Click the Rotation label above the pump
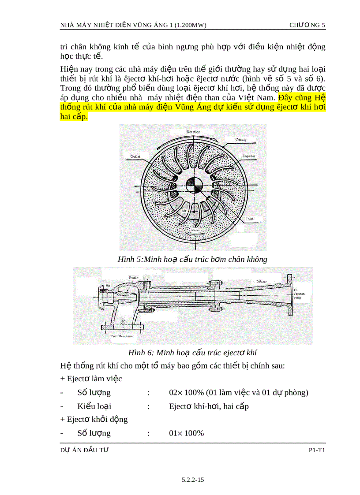click(x=193, y=132)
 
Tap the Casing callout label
click(x=240, y=139)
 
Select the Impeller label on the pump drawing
click(x=249, y=156)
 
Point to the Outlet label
click(x=135, y=156)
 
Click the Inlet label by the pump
click(x=250, y=219)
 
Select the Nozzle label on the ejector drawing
click(x=133, y=277)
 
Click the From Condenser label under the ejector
click(x=122, y=336)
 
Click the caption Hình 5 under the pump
click(x=192, y=259)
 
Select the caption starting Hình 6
click(x=192, y=352)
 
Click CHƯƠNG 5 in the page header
click(x=307, y=25)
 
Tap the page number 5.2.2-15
click(x=193, y=480)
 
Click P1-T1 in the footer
click(x=317, y=450)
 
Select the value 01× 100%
click(x=186, y=433)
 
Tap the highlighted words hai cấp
click(x=73, y=116)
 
